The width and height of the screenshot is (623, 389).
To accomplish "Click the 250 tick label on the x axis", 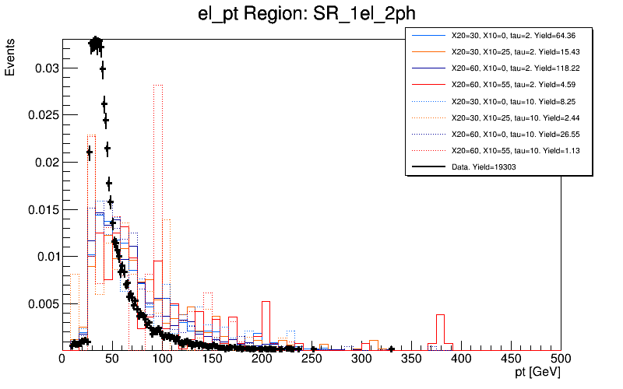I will (311, 359).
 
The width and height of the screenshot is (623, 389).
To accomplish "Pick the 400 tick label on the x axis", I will (461, 359).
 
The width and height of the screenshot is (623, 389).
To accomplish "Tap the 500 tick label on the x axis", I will (561, 359).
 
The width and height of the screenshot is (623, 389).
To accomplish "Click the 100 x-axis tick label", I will (162, 359).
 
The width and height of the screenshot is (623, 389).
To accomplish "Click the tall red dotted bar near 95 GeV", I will (157, 218).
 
